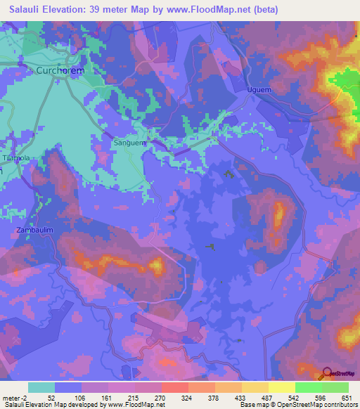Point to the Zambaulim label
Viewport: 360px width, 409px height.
tap(30, 230)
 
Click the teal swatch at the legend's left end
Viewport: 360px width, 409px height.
tap(41, 387)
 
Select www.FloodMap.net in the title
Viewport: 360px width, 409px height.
tap(214, 9)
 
